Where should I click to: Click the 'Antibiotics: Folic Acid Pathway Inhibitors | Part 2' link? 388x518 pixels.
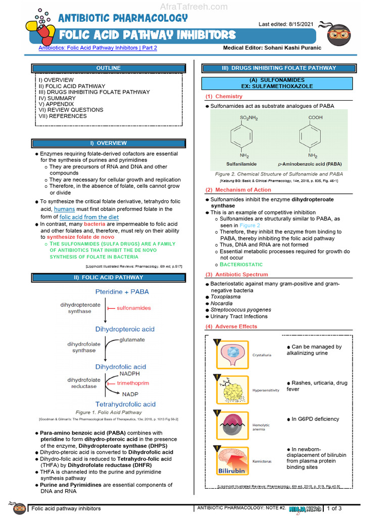(98, 48)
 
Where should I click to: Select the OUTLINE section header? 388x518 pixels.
(109, 68)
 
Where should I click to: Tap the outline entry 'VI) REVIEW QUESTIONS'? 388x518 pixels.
(71, 110)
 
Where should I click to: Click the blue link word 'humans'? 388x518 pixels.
(64, 208)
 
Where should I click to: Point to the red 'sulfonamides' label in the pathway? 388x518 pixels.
(133, 308)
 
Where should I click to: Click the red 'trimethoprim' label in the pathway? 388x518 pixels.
(133, 383)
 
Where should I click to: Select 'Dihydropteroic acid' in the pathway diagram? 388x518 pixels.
(125, 329)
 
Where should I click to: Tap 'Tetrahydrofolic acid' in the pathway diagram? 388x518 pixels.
(125, 404)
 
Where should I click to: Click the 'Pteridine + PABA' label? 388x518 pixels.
(122, 292)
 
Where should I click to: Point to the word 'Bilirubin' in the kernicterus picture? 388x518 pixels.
(231, 470)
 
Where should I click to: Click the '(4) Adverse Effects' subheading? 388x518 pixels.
(231, 326)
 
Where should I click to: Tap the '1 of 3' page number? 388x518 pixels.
(335, 508)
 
